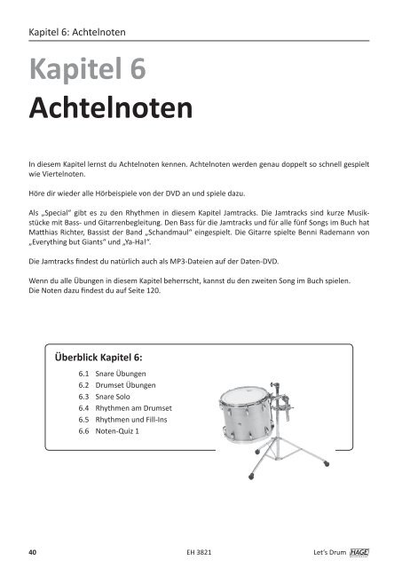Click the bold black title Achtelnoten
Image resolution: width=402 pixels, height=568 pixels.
[x=110, y=111]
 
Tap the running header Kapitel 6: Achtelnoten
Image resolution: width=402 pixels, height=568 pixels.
[x=76, y=33]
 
